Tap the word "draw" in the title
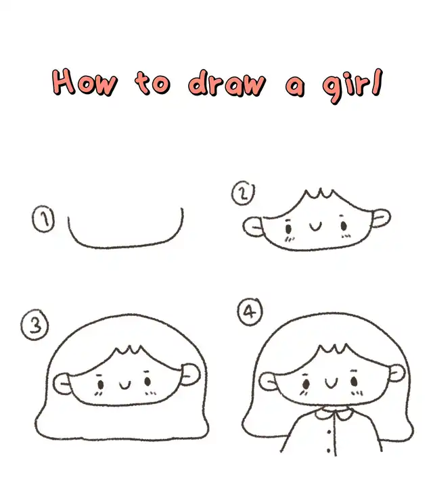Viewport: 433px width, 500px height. click(227, 83)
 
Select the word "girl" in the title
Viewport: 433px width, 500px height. click(352, 85)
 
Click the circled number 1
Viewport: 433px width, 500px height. click(43, 219)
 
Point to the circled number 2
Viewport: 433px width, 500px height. click(243, 194)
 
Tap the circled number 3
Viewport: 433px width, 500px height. click(35, 325)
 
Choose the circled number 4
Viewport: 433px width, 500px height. click(250, 311)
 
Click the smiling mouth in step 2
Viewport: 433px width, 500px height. click(316, 227)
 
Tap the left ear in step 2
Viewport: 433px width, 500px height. click(253, 227)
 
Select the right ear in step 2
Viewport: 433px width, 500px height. click(381, 218)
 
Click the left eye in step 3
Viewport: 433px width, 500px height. click(100, 385)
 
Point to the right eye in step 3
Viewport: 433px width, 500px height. click(147, 381)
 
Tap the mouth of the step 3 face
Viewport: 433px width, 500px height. click(125, 385)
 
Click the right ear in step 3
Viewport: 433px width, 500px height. click(191, 373)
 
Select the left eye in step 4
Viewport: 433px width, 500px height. click(306, 384)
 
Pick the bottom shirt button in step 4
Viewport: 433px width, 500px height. click(329, 451)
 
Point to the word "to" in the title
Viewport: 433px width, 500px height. click(152, 83)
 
